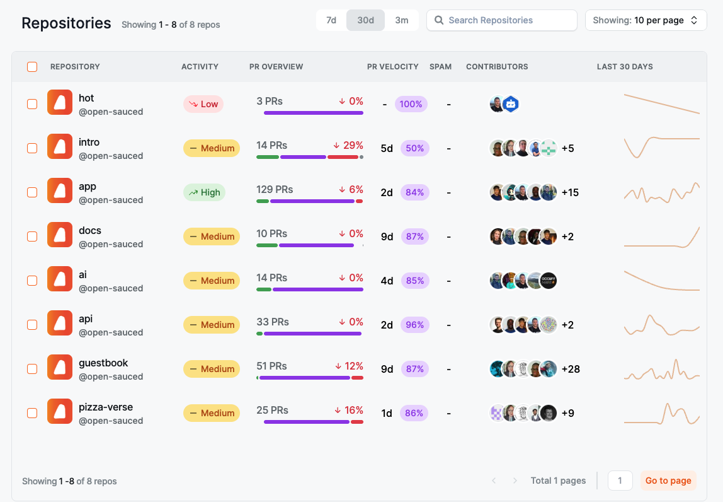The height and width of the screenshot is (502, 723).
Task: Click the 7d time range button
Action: click(331, 20)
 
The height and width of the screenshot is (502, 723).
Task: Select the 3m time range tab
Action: click(402, 20)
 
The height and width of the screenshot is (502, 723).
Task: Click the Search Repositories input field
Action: click(501, 20)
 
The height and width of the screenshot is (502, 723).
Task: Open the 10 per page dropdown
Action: click(646, 20)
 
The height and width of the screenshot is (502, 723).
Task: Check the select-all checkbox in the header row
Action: click(32, 67)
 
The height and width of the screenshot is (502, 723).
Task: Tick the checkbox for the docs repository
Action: click(32, 236)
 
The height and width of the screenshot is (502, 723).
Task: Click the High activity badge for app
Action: click(204, 192)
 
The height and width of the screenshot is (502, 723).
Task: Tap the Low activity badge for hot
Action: click(203, 104)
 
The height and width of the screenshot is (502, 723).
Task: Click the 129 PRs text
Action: click(275, 189)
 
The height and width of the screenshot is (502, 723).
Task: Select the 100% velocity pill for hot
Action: click(411, 104)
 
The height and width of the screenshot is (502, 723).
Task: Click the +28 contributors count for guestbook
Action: click(571, 369)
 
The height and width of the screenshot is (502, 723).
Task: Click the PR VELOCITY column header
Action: click(392, 67)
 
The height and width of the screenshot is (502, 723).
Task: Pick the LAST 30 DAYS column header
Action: click(624, 67)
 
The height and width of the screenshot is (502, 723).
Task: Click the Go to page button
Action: click(668, 481)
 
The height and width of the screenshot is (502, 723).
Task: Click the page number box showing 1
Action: click(620, 481)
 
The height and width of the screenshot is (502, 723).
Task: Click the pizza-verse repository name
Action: click(106, 407)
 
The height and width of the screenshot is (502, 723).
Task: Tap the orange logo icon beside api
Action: click(60, 325)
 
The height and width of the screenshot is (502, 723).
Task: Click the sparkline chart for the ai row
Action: click(661, 281)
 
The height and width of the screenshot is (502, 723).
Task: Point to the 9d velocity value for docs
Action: click(387, 236)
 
